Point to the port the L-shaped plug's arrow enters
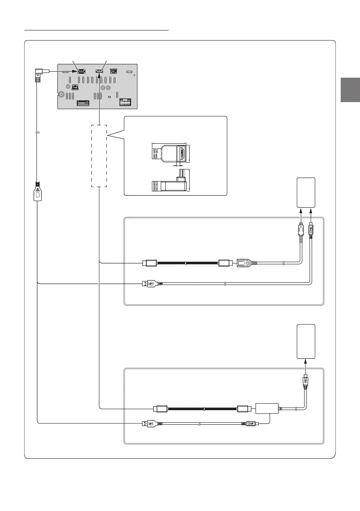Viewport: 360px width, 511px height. pos(81,72)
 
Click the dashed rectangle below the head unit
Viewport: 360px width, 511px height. pos(99,156)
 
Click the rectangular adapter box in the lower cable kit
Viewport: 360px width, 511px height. pos(267,408)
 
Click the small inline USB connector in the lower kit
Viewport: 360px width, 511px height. pos(249,424)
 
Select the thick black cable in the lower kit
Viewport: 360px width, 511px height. pos(202,408)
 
